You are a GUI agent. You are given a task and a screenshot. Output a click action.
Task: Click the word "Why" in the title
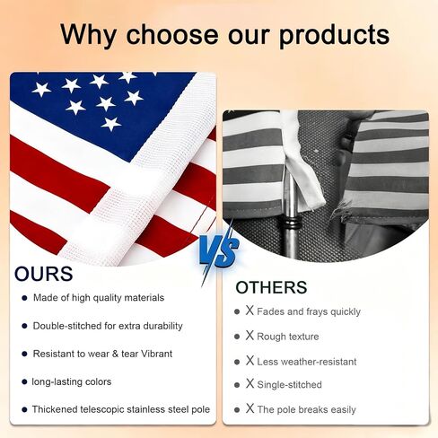(88, 34)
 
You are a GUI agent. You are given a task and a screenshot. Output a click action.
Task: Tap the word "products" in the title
(334, 35)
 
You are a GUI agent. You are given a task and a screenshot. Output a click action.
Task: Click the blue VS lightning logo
(219, 251)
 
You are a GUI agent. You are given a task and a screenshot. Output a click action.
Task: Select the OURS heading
(44, 274)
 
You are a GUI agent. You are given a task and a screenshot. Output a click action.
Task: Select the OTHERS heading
(271, 287)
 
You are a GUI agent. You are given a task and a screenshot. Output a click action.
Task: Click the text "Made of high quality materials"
(99, 298)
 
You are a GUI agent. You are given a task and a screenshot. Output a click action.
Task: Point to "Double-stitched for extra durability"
(108, 326)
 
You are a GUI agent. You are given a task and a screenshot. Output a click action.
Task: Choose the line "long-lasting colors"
(72, 381)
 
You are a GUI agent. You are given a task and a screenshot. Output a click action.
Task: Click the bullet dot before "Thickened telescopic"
(24, 409)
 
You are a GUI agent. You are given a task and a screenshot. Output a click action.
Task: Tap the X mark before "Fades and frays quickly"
(250, 311)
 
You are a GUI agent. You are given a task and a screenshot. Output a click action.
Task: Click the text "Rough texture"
(288, 337)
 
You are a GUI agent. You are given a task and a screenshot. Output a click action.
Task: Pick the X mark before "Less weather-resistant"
(250, 360)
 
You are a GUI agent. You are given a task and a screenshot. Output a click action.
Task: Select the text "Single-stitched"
(289, 385)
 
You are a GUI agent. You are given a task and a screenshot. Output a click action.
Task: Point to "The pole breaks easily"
(306, 409)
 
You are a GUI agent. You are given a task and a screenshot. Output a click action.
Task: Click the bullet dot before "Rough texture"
(237, 337)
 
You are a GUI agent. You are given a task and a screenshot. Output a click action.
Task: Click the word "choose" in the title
(172, 34)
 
